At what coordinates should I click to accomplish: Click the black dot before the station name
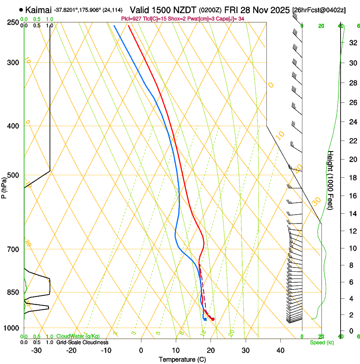[x=21, y=9]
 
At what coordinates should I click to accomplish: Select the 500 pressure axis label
[x=13, y=175]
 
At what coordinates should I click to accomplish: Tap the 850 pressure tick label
[x=13, y=292]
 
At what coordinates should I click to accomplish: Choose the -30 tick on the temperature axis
[x=36, y=350]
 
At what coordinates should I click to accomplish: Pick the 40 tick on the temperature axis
[x=280, y=350]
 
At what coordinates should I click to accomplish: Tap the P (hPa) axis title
[x=4, y=186]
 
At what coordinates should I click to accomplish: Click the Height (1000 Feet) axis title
[x=331, y=180]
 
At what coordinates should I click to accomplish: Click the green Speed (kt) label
[x=321, y=342]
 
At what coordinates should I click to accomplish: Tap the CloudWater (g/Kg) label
[x=78, y=336]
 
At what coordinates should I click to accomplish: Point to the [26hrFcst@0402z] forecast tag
[x=318, y=10]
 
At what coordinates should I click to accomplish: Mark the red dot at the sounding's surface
[x=213, y=319]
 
